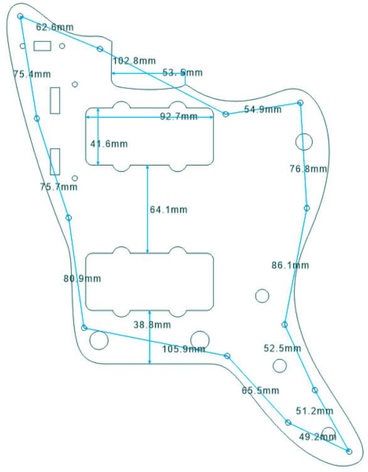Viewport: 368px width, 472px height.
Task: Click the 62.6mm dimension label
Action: point(55,27)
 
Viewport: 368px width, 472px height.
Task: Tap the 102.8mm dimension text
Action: point(134,61)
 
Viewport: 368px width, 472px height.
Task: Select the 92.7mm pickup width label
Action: point(179,116)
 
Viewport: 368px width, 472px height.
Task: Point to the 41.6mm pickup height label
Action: point(109,144)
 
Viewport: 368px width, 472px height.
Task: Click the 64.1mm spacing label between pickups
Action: point(169,209)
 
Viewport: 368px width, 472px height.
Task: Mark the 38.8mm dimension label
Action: point(153,325)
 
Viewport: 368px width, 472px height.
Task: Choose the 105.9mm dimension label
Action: point(184,349)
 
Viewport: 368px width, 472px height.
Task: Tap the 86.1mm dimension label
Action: point(290,265)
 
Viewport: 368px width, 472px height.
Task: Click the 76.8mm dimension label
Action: point(308,169)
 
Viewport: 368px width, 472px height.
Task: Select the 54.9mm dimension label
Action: point(262,109)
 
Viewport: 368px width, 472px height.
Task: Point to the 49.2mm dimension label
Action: point(318,436)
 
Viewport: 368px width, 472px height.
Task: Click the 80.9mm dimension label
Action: point(82,278)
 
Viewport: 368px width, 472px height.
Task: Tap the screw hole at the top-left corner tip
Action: point(21,16)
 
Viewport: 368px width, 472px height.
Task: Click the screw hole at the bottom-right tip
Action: point(349,451)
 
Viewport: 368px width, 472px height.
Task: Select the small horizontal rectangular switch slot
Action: point(42,46)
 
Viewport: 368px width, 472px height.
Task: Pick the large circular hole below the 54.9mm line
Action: point(304,142)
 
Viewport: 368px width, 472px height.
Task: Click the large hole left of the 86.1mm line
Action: point(262,296)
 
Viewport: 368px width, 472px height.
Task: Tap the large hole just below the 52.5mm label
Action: point(279,365)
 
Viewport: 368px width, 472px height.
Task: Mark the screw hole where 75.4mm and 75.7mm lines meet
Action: point(37,118)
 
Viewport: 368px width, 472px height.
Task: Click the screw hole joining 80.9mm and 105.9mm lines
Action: point(84,327)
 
